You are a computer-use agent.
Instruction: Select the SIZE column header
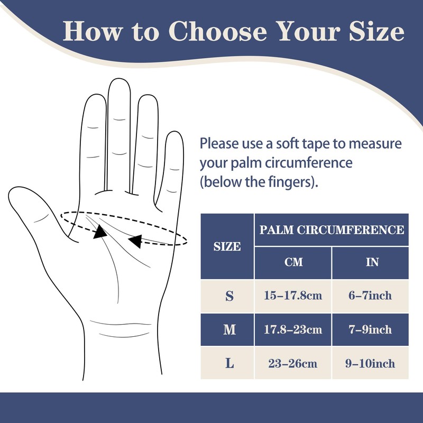(x=227, y=246)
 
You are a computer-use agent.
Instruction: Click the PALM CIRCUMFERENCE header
(x=332, y=230)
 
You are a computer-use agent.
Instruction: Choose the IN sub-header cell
(x=372, y=262)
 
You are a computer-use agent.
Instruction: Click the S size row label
(x=229, y=296)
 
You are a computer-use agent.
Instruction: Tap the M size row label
(x=229, y=330)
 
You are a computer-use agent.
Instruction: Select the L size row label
(x=229, y=363)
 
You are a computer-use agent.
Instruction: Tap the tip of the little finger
(x=174, y=134)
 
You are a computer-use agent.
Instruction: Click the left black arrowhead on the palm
(x=98, y=233)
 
